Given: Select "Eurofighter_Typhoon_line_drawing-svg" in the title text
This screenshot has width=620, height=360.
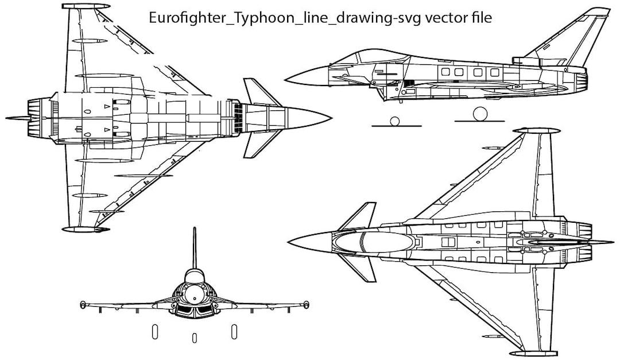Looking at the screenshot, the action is click(x=285, y=18).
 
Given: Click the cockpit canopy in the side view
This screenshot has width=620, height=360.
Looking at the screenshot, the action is click(x=359, y=58).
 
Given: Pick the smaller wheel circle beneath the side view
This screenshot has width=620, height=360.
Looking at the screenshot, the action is click(x=394, y=121).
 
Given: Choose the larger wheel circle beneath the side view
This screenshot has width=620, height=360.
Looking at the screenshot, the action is click(x=479, y=115).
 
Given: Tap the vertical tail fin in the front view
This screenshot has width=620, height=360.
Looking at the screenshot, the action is click(x=194, y=247).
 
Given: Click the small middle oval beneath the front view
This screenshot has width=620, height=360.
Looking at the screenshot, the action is click(x=194, y=337).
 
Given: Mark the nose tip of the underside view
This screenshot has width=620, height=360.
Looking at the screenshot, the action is click(x=331, y=118).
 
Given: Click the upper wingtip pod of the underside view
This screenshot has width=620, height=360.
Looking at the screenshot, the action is click(x=86, y=6).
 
